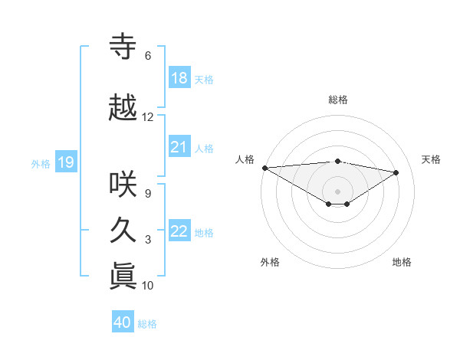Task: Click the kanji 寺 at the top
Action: click(x=123, y=47)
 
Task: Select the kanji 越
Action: click(x=123, y=108)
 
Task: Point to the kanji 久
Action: click(x=123, y=231)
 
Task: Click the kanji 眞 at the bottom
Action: click(x=123, y=277)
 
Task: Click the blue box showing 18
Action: click(x=179, y=78)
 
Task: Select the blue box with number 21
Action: click(x=179, y=147)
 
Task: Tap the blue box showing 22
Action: click(x=179, y=231)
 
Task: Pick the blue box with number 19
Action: click(x=65, y=162)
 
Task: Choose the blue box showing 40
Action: click(x=123, y=322)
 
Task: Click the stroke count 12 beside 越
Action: click(x=148, y=117)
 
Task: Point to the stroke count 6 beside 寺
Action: click(x=148, y=56)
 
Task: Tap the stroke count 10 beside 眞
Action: click(x=148, y=286)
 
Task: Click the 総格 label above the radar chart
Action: click(x=337, y=100)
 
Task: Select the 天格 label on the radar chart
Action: click(x=432, y=159)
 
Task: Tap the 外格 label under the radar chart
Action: click(x=270, y=262)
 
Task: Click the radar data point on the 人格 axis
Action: click(x=264, y=167)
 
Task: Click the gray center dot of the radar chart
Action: click(x=337, y=191)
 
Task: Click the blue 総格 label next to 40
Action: click(x=148, y=324)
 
